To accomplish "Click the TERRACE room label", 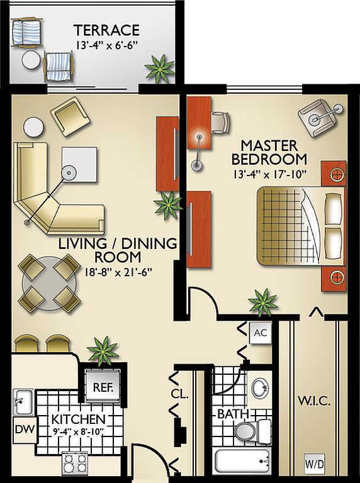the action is pyautogui.click(x=106, y=30).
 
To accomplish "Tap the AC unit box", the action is pyautogui.click(x=261, y=333).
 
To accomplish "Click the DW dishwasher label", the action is pyautogui.click(x=25, y=429).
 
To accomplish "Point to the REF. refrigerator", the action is pyautogui.click(x=103, y=386).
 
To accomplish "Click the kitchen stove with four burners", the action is pyautogui.click(x=75, y=464).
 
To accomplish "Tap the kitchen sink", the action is pyautogui.click(x=23, y=402).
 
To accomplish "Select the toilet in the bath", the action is pyautogui.click(x=252, y=431).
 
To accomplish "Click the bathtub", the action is pyautogui.click(x=243, y=463).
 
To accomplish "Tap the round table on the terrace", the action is pyautogui.click(x=31, y=60).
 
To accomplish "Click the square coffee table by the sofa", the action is pyautogui.click(x=79, y=165).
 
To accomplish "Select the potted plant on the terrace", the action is pyautogui.click(x=160, y=69).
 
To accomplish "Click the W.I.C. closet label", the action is pyautogui.click(x=314, y=401).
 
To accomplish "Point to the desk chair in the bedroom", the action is pyautogui.click(x=220, y=122).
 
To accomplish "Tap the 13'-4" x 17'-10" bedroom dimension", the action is pyautogui.click(x=269, y=174).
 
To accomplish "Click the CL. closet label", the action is pyautogui.click(x=179, y=394).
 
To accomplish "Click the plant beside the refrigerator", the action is pyautogui.click(x=103, y=350).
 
